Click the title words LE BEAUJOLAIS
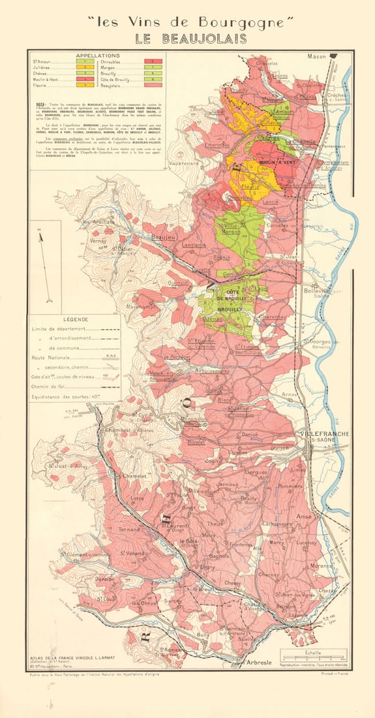(191, 39)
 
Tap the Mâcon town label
(320, 57)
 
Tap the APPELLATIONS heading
(97, 56)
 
